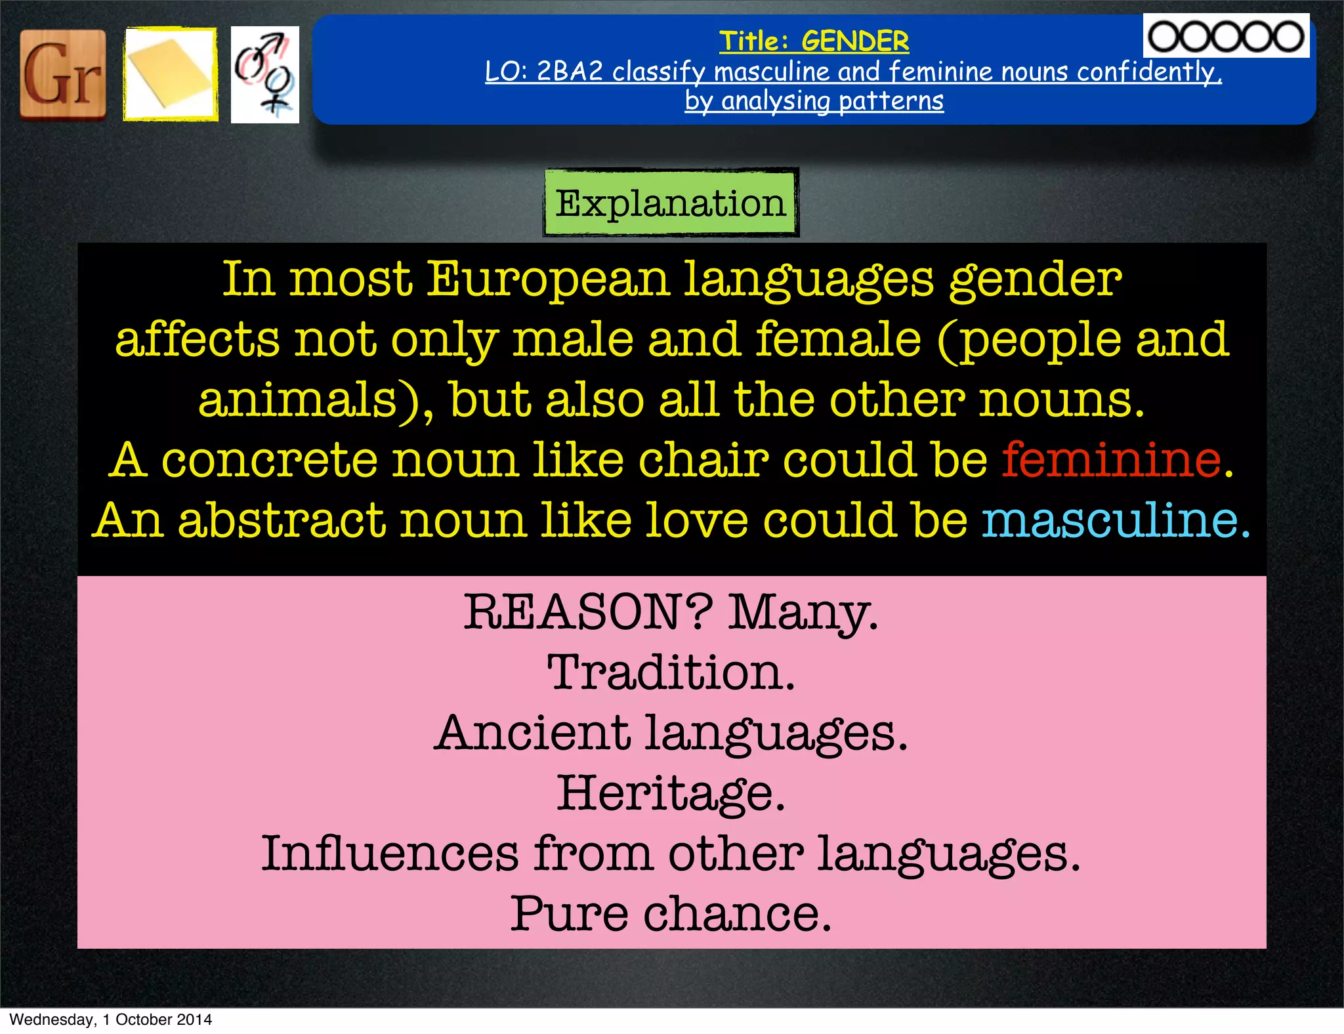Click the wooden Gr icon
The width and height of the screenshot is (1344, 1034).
click(x=63, y=75)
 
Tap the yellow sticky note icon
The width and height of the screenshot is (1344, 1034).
click(x=170, y=74)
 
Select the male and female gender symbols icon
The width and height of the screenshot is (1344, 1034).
click(x=264, y=75)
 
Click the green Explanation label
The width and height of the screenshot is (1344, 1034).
click(x=670, y=203)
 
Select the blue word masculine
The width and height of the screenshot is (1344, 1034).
click(x=1109, y=520)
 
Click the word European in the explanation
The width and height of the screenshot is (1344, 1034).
click(x=548, y=279)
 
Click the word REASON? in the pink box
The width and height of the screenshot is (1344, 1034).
click(x=588, y=612)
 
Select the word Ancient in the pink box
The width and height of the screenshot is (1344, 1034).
click(x=532, y=733)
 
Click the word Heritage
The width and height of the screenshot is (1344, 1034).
click(x=671, y=793)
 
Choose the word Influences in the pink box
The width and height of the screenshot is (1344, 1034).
click(x=390, y=854)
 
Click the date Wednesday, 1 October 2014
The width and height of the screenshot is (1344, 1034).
click(x=110, y=1020)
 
